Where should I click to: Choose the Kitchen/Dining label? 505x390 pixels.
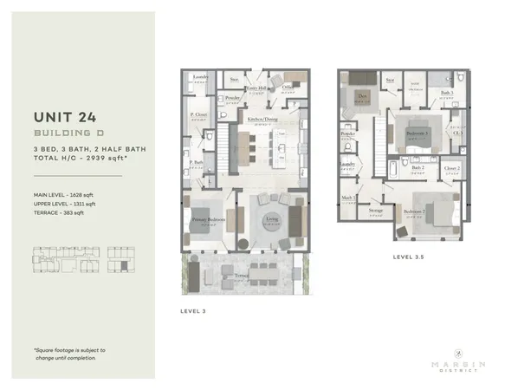(262, 119)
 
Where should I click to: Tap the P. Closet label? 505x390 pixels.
(197, 115)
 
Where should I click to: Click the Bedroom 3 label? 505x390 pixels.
(418, 133)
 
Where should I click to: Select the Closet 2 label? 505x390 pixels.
(451, 167)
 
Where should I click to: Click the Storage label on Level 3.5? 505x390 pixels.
(376, 210)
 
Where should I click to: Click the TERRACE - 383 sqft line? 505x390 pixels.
(60, 213)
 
